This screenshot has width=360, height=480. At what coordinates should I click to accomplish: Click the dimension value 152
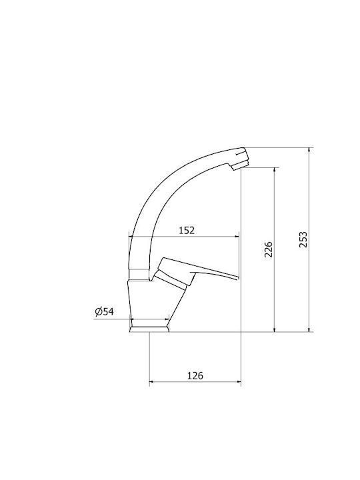(187, 230)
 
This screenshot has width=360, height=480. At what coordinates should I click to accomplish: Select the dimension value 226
(268, 249)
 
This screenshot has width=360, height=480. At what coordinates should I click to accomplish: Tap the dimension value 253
(303, 240)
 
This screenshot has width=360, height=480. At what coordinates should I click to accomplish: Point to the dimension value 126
(195, 375)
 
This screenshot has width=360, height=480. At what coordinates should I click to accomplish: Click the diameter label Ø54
(105, 311)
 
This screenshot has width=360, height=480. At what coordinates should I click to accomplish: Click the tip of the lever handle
(237, 278)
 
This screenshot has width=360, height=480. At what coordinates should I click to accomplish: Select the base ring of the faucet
(149, 329)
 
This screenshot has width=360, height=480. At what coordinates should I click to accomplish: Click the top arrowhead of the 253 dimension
(309, 150)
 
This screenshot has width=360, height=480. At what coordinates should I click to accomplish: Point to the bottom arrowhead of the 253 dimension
(309, 329)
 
